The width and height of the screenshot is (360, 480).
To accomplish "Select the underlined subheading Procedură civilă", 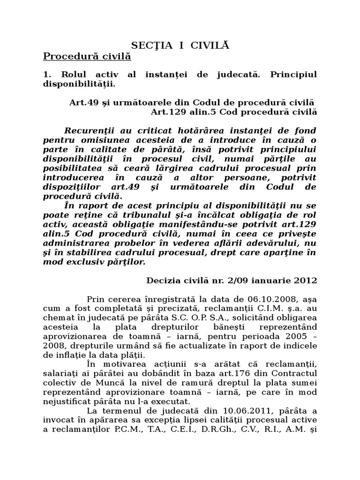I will (x=87, y=57).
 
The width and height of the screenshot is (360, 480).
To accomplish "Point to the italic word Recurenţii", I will (x=89, y=130).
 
